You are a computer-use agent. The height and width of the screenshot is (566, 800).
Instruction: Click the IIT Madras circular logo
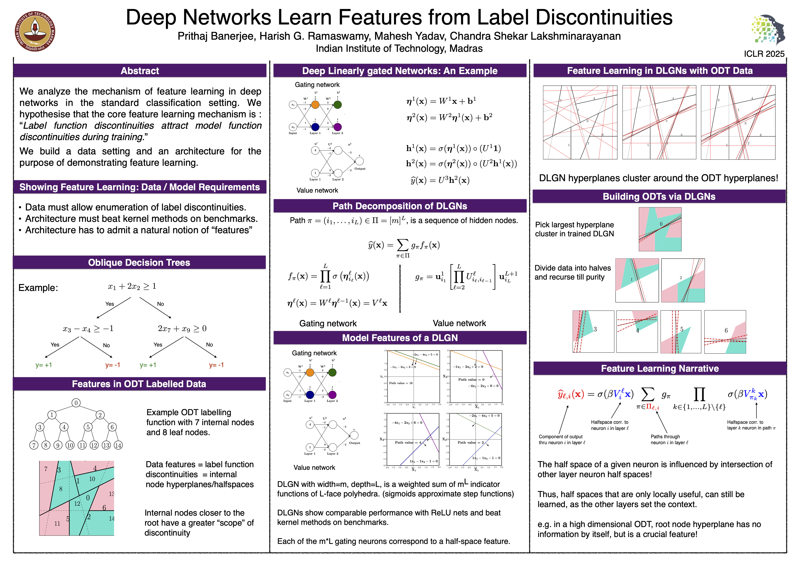click(35, 31)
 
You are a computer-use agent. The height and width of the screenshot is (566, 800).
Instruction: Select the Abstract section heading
click(140, 71)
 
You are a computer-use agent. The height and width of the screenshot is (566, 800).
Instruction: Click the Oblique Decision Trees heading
click(139, 262)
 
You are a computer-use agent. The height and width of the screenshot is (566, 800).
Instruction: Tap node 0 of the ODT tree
click(76, 403)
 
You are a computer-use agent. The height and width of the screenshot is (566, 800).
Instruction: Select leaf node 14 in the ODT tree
click(118, 445)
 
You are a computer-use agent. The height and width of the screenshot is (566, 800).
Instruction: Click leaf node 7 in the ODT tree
click(34, 445)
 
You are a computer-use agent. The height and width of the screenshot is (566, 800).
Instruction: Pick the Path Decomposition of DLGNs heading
click(400, 206)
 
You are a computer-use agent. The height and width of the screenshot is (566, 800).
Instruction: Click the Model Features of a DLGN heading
click(400, 338)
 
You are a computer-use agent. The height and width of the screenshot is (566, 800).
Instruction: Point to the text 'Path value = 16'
click(401, 383)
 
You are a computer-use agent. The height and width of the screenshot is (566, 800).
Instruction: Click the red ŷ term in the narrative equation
click(571, 394)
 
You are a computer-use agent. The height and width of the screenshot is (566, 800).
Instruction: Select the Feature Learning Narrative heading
click(659, 368)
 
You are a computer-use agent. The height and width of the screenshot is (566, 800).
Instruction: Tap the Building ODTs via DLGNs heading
click(659, 197)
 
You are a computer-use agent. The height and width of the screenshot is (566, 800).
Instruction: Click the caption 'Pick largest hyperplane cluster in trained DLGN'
click(574, 229)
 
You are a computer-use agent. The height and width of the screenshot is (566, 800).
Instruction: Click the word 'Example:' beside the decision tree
click(38, 288)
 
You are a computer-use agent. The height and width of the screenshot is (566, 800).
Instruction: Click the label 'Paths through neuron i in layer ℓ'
click(669, 439)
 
